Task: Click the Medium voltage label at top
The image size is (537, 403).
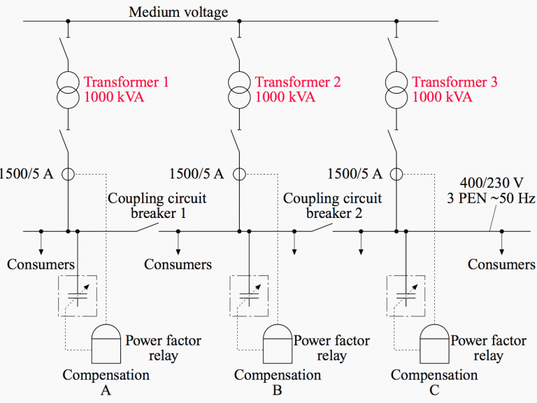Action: (x=178, y=12)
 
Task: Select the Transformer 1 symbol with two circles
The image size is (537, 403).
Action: (x=69, y=89)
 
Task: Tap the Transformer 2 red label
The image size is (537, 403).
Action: (x=298, y=82)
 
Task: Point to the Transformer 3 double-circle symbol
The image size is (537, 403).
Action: (x=396, y=89)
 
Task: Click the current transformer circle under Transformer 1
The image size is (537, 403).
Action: (x=69, y=174)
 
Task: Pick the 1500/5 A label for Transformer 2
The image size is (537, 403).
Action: (x=197, y=174)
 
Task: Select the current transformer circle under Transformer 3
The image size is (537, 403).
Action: (x=396, y=174)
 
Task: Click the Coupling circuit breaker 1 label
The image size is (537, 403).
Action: (x=157, y=206)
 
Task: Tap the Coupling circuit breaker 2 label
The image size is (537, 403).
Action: (x=333, y=206)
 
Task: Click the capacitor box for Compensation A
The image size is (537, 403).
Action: (x=78, y=293)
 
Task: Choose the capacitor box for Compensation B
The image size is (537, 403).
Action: (x=249, y=293)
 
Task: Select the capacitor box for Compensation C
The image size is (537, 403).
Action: (x=406, y=293)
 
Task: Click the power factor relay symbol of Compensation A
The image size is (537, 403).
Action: (x=106, y=342)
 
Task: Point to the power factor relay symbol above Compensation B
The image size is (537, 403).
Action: (x=278, y=342)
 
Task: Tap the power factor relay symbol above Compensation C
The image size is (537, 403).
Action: (x=434, y=342)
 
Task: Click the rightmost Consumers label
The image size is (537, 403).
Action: (x=501, y=265)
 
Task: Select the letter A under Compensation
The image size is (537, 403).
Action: (x=106, y=390)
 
